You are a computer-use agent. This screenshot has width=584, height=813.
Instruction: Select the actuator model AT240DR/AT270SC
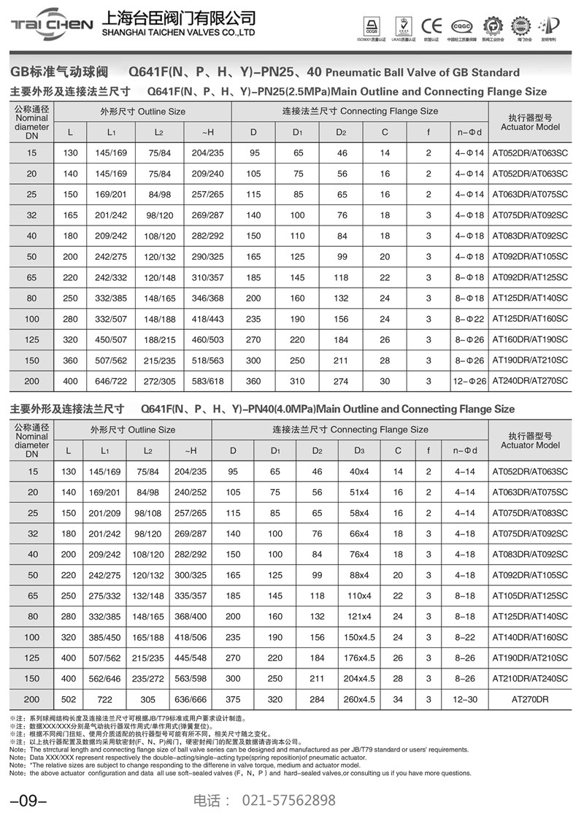(530, 381)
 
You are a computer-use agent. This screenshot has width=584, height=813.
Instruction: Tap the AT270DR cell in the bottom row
(530, 698)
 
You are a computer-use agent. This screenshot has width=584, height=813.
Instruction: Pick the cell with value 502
(69, 698)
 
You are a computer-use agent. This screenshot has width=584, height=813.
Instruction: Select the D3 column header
(359, 450)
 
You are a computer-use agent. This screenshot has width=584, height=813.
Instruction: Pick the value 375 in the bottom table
(233, 698)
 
